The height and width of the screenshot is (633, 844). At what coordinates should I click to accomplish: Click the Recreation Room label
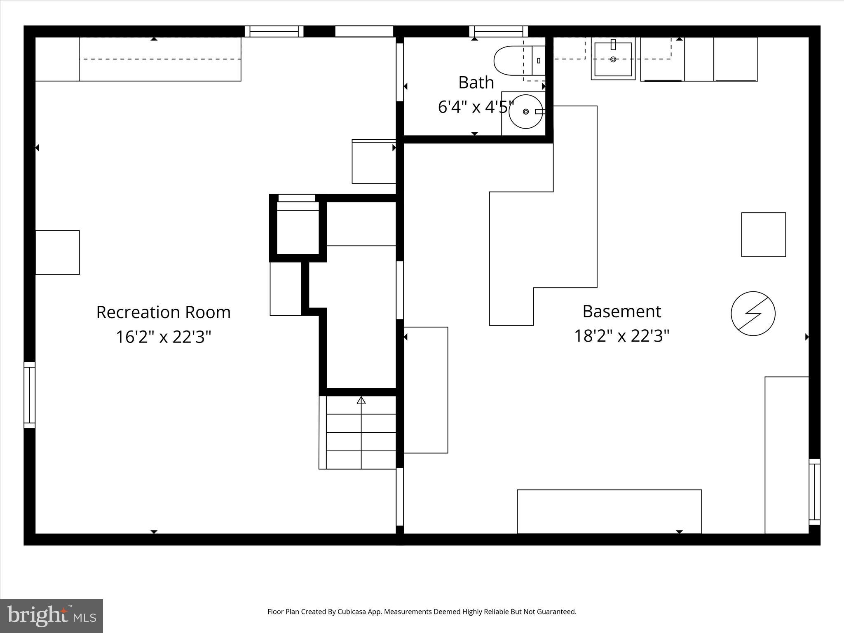[x=163, y=312]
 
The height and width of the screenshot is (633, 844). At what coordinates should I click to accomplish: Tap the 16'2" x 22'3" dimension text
[x=163, y=337]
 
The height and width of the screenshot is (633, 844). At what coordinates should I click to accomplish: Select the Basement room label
[x=621, y=312]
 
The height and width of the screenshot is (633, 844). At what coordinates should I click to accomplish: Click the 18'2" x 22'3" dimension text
[x=621, y=336]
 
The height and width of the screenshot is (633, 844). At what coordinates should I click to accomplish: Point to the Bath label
[x=476, y=82]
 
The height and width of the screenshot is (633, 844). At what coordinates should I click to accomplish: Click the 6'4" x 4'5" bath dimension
[x=476, y=107]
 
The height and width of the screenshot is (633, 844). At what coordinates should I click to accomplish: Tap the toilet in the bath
[x=518, y=61]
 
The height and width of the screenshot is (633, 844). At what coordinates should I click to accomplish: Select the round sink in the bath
[x=526, y=112]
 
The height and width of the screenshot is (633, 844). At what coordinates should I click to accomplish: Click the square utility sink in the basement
[x=613, y=59]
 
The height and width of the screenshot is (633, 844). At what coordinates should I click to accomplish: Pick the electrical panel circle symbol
[x=753, y=313]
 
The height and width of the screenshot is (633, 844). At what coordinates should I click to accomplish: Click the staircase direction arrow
[x=361, y=401]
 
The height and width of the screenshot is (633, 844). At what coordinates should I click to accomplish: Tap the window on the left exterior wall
[x=29, y=395]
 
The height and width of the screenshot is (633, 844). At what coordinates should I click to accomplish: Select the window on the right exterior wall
[x=814, y=492]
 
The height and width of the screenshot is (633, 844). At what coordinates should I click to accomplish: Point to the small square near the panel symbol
[x=763, y=234]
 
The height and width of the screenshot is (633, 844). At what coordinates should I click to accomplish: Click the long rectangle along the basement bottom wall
[x=609, y=511]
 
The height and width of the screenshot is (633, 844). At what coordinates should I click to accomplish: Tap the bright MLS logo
[x=52, y=616]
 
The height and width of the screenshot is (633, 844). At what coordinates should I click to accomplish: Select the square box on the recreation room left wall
[x=57, y=252]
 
